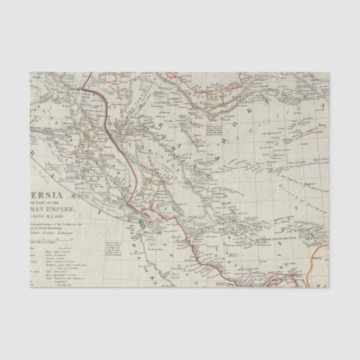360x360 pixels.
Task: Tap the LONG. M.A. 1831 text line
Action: click(56, 219)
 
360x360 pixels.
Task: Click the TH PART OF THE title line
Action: click(59, 204)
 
